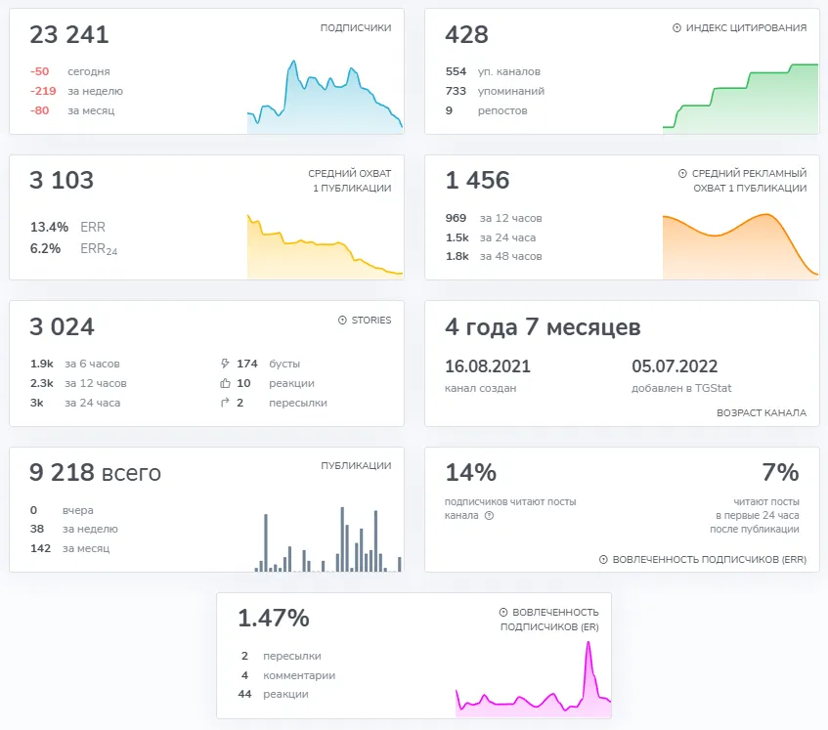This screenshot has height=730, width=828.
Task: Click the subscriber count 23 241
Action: click(x=69, y=35)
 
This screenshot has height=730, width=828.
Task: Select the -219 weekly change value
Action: click(x=43, y=91)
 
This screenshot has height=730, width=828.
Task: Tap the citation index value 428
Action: click(x=467, y=35)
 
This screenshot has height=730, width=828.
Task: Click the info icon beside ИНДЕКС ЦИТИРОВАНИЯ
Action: click(x=676, y=28)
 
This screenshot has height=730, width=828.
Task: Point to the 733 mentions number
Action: click(x=456, y=91)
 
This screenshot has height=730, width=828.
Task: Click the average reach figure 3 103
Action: click(x=62, y=180)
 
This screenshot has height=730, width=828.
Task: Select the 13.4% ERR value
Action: click(x=49, y=227)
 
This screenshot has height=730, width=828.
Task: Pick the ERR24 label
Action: click(x=99, y=248)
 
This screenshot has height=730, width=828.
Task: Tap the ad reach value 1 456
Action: click(x=477, y=180)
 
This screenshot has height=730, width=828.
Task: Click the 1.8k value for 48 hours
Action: click(x=458, y=256)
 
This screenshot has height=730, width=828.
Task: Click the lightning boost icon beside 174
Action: click(x=225, y=364)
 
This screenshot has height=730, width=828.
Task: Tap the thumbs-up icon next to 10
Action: click(x=225, y=383)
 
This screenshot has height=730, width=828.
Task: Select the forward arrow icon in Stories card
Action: click(x=225, y=403)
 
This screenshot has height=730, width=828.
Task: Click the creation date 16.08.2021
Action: click(x=488, y=366)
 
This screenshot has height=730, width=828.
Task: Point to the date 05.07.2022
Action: click(x=675, y=366)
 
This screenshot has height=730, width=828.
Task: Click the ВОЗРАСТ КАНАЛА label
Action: click(x=762, y=412)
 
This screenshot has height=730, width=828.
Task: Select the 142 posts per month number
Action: click(x=41, y=548)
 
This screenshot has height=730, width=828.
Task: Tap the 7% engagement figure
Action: click(x=780, y=472)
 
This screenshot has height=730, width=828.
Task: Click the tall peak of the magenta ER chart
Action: click(x=588, y=642)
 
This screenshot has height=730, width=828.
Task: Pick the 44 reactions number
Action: click(x=244, y=694)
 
